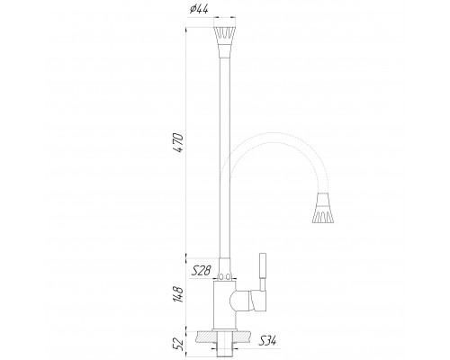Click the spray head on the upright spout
[225, 39]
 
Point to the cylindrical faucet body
[225, 306]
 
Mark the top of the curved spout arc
[270, 135]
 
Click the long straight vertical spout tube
[225, 153]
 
